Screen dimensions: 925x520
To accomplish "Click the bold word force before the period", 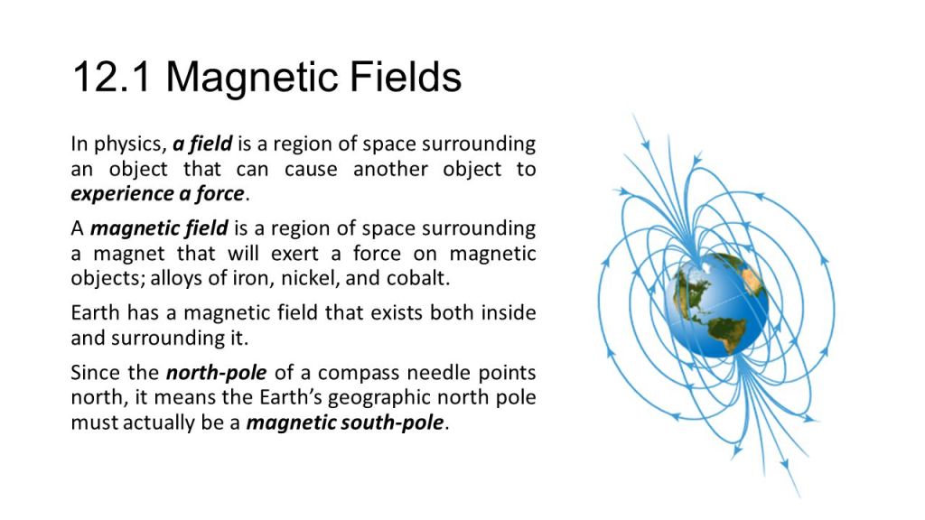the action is point(220,193).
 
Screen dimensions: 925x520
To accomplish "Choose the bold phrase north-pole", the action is point(216,373).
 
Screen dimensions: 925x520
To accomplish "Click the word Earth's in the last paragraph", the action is point(291,397).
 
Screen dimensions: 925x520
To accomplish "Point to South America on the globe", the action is point(727,332).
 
